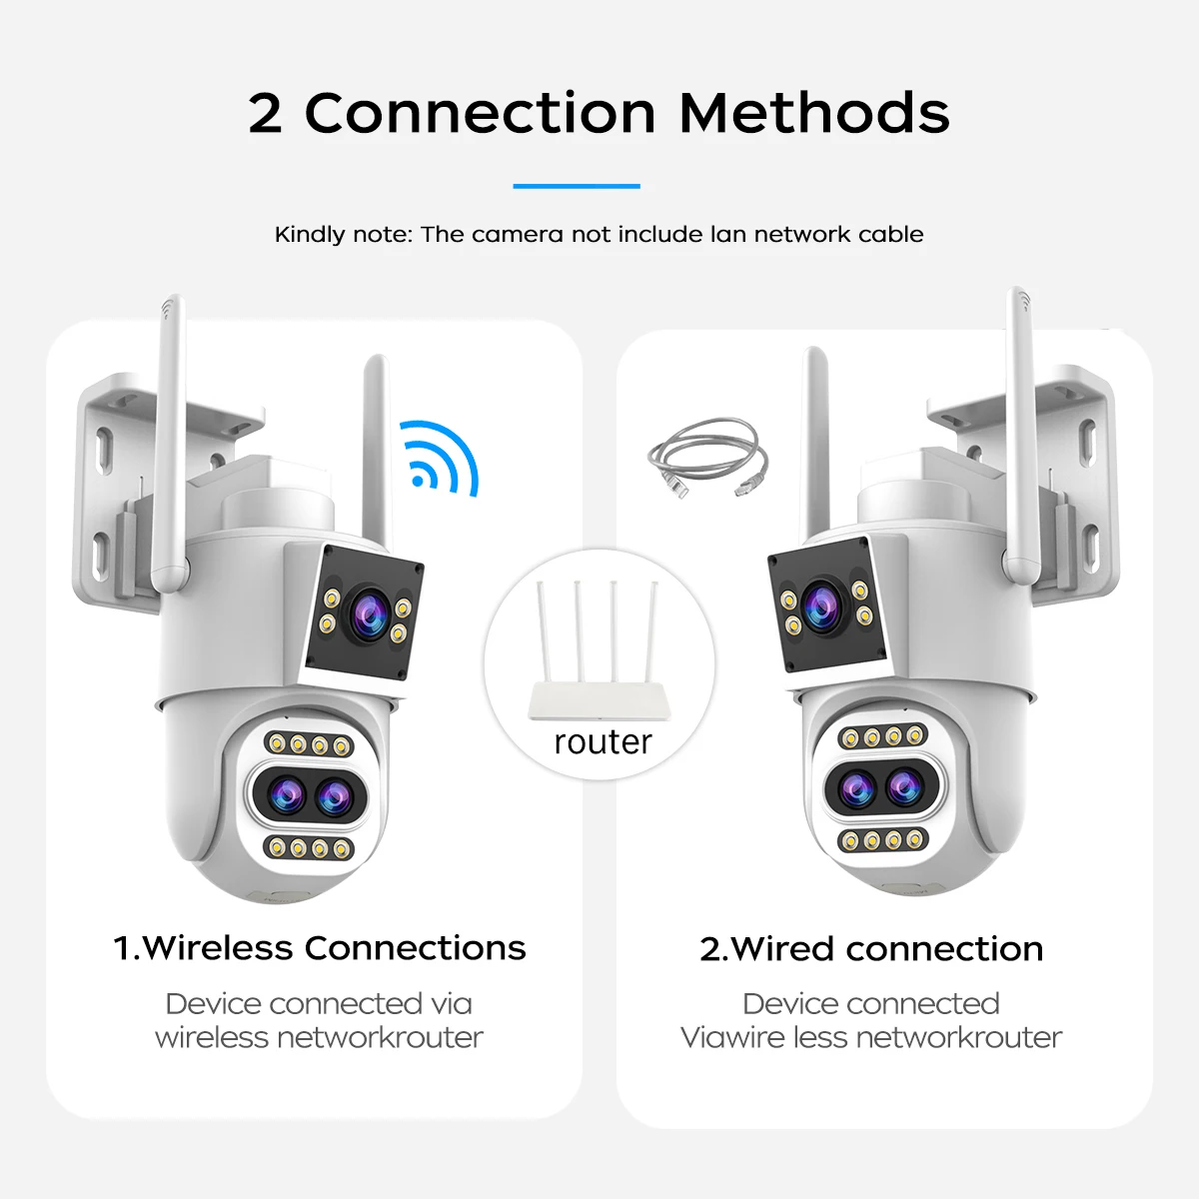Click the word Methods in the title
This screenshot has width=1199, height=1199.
pyautogui.click(x=814, y=113)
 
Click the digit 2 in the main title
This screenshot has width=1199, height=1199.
pyautogui.click(x=265, y=113)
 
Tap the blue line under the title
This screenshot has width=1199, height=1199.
pyautogui.click(x=577, y=186)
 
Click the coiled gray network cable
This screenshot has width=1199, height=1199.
pyautogui.click(x=708, y=458)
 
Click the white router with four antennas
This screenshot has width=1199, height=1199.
pyautogui.click(x=599, y=650)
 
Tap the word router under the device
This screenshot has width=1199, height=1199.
pyautogui.click(x=602, y=742)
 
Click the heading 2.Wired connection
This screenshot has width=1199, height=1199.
pyautogui.click(x=871, y=949)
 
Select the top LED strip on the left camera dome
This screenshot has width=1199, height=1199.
pyautogui.click(x=309, y=744)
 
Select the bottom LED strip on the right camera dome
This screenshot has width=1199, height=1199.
pyautogui.click(x=883, y=840)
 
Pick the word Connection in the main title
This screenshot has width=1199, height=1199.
pyautogui.click(x=480, y=113)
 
